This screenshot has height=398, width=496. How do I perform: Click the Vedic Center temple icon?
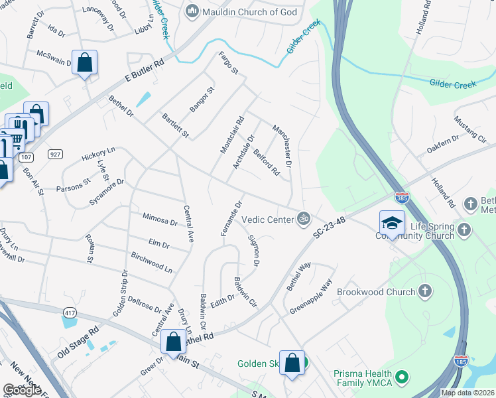click(x=304, y=218)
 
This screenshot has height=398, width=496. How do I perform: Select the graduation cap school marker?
click(x=392, y=223)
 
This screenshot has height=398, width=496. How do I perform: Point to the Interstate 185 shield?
click(x=462, y=362)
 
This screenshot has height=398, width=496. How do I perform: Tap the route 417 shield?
click(x=69, y=312)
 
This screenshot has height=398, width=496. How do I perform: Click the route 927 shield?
click(x=55, y=154)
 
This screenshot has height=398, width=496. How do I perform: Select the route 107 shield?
click(x=27, y=157)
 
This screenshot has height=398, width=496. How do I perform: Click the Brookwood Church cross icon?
click(x=424, y=291)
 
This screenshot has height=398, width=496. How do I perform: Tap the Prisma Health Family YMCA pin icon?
click(x=401, y=378)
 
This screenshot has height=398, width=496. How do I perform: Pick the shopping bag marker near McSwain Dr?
click(x=85, y=63)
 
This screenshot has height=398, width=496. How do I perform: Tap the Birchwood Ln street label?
click(x=151, y=262)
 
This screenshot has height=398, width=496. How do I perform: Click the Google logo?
click(x=22, y=390)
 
